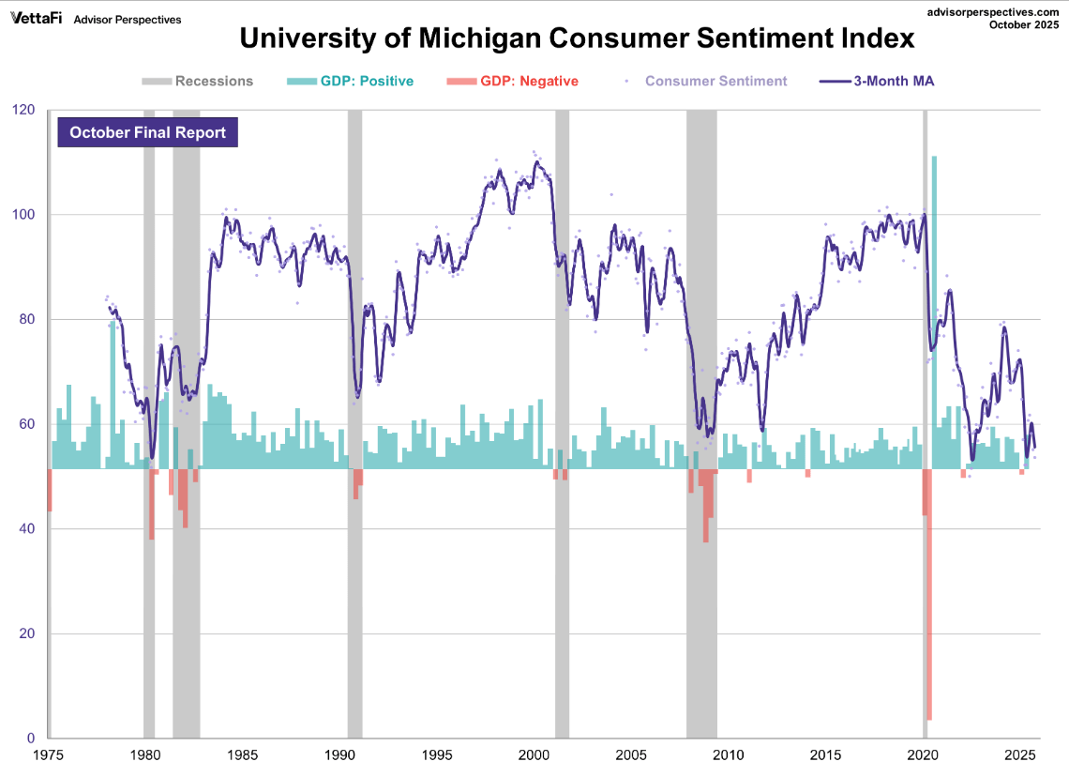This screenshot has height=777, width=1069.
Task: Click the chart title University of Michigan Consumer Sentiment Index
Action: click(577, 39)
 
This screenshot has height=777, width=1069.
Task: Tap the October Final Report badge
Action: click(147, 132)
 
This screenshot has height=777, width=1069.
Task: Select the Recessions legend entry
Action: click(199, 81)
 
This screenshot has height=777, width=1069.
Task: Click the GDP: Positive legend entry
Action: click(350, 81)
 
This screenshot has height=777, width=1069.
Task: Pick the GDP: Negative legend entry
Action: click(513, 81)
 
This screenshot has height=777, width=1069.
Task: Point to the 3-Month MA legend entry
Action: click(878, 81)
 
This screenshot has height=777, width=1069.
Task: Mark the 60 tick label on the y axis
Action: click(27, 424)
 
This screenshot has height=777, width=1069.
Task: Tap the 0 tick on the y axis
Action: click(31, 739)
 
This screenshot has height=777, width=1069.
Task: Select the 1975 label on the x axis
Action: click(48, 755)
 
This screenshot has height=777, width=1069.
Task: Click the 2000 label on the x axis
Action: click(534, 755)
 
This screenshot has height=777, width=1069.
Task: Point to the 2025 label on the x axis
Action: click(1020, 755)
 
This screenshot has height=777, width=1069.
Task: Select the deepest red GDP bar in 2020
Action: click(928, 601)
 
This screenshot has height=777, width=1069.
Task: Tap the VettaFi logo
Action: click(37, 19)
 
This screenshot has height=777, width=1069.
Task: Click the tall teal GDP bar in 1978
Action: click(113, 394)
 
